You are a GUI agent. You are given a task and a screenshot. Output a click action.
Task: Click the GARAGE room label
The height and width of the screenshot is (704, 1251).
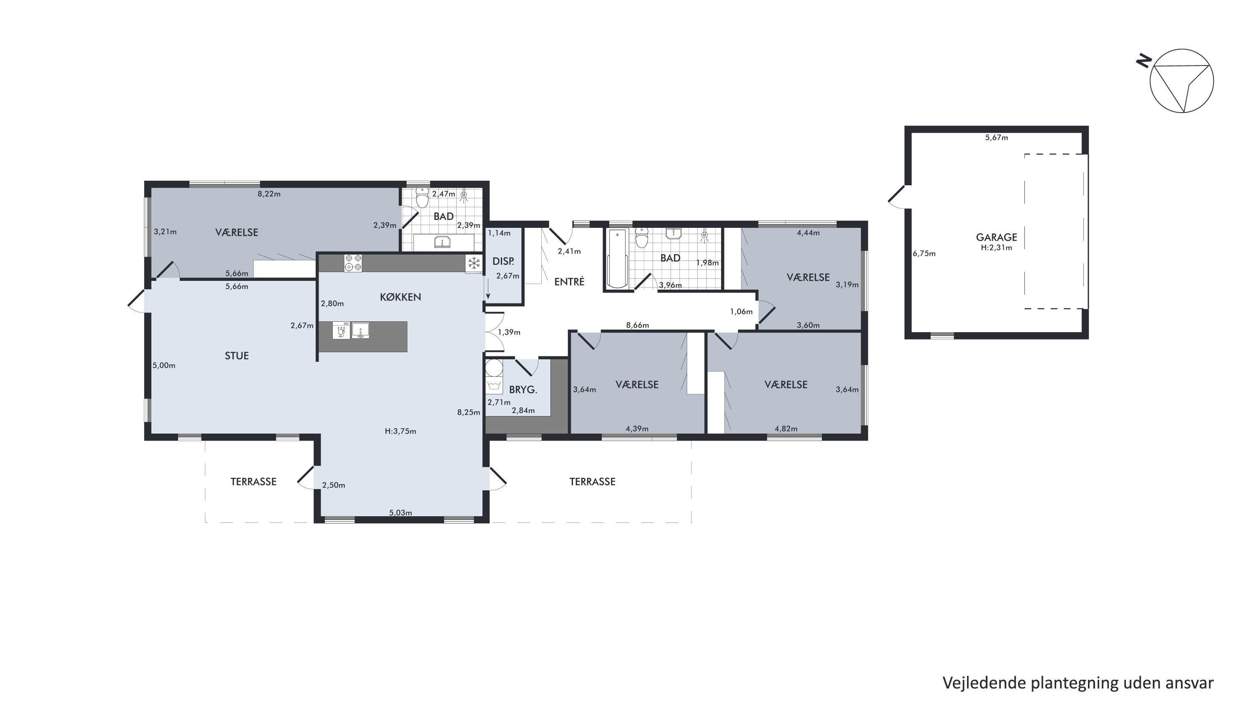[x=996, y=237]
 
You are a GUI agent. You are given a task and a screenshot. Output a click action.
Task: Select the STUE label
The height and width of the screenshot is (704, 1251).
[x=236, y=356]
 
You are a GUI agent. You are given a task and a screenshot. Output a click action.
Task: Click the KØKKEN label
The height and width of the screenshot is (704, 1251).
[x=400, y=297]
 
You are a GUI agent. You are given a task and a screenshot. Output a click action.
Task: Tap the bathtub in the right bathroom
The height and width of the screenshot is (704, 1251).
[x=618, y=258]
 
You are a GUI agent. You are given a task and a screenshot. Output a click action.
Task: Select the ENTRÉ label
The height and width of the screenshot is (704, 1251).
[x=569, y=281]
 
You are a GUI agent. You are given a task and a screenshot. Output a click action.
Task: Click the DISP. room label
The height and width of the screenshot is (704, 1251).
[x=503, y=261]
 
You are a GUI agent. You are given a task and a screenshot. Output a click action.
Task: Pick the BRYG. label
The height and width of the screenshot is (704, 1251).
[x=523, y=390]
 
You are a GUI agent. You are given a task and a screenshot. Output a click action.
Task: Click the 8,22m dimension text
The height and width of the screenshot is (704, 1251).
[x=269, y=194]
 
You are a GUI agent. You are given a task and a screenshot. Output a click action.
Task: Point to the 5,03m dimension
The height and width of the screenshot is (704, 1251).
[x=401, y=512]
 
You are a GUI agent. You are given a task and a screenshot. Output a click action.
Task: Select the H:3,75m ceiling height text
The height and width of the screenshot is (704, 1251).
[x=401, y=431]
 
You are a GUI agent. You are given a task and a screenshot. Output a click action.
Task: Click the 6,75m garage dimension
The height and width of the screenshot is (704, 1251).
[x=924, y=253]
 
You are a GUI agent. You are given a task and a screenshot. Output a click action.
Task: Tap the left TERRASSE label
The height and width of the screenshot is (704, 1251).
[x=253, y=482]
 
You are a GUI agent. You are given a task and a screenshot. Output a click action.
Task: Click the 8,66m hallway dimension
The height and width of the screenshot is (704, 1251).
[x=638, y=325]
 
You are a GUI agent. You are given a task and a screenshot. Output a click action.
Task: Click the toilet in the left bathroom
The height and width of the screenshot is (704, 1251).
[x=422, y=198]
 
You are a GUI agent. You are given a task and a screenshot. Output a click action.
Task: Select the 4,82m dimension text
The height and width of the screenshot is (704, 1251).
[x=786, y=429]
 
